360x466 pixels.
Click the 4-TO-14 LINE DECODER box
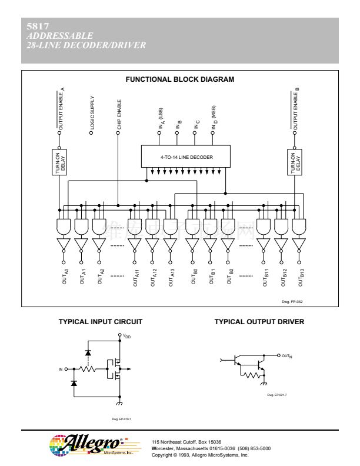[x=186, y=157]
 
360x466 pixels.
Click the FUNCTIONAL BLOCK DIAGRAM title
[x=180, y=79]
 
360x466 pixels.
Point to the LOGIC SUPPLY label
[x=92, y=112]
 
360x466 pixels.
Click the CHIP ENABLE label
[x=119, y=114]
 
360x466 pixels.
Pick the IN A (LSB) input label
[x=160, y=119]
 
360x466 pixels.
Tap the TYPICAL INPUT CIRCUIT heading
[x=100, y=322]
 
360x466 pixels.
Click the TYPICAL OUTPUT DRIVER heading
[x=259, y=322]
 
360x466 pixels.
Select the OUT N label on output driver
[x=287, y=355]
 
